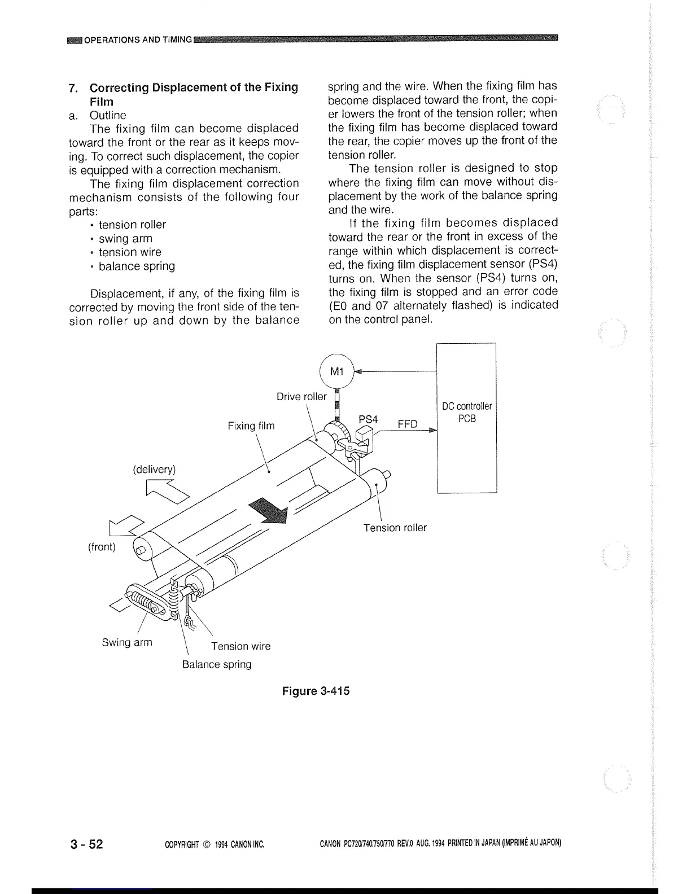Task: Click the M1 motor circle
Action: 336,371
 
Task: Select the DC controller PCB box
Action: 467,418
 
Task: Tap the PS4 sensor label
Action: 368,419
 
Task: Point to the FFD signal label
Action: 408,423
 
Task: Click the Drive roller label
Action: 301,396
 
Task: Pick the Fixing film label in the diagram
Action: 251,426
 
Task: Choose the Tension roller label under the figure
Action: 395,528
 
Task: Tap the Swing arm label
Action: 127,642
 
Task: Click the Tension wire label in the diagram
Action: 240,646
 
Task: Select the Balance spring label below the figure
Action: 217,664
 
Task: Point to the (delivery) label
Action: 154,470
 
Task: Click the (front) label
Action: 102,547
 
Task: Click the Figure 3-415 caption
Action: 316,691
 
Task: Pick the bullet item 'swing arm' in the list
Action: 125,238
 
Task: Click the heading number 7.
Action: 72,88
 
